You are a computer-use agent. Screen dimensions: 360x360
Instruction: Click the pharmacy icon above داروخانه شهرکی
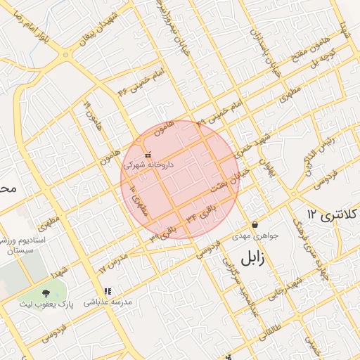coord(147,154)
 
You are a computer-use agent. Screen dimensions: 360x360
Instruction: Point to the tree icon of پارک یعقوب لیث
coord(46,292)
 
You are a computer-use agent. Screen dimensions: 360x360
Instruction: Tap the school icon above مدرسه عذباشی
coord(108,291)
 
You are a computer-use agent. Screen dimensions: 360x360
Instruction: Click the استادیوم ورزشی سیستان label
coord(25,245)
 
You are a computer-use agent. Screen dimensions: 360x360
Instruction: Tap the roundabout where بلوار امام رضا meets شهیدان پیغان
coord(66,53)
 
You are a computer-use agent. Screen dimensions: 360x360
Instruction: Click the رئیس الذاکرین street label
coord(316,151)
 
